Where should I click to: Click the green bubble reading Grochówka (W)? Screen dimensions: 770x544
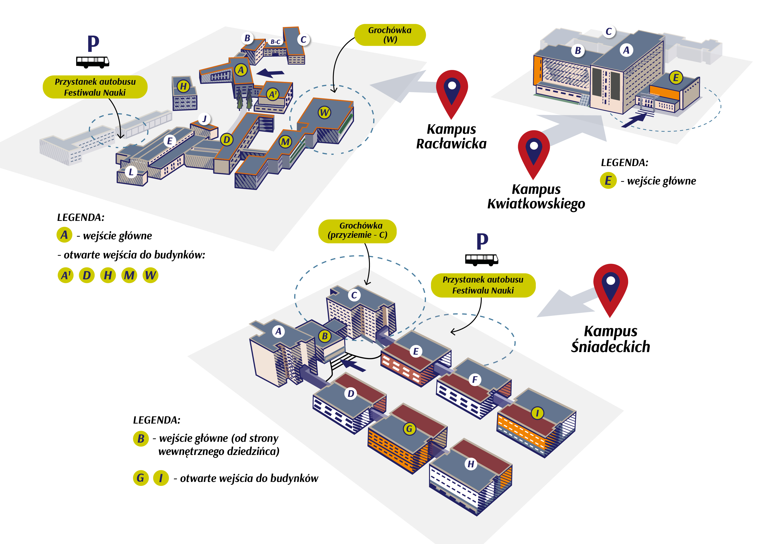pyautogui.click(x=390, y=35)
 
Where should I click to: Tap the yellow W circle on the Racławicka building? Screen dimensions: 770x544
pyautogui.click(x=324, y=113)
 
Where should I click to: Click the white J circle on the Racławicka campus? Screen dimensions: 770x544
pyautogui.click(x=204, y=119)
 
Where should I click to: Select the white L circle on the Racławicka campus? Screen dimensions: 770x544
pyautogui.click(x=131, y=172)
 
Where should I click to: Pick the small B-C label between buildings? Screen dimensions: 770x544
pyautogui.click(x=275, y=42)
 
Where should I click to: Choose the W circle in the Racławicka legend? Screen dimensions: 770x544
pyautogui.click(x=150, y=275)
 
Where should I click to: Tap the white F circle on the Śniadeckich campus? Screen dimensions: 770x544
pyautogui.click(x=475, y=380)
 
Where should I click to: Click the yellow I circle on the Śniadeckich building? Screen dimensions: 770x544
pyautogui.click(x=537, y=413)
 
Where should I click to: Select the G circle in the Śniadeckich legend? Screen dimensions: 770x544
pyautogui.click(x=140, y=478)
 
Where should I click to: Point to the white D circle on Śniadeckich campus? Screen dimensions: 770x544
pyautogui.click(x=351, y=394)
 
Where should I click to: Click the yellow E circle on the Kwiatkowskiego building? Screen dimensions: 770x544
pyautogui.click(x=676, y=78)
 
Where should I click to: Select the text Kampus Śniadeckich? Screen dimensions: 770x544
pyautogui.click(x=610, y=339)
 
